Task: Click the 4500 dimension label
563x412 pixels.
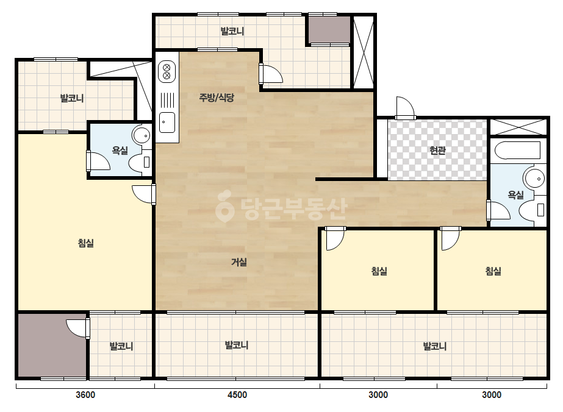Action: [x=237, y=395]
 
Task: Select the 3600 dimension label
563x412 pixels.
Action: [x=85, y=395]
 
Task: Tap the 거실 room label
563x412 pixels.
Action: [x=238, y=262]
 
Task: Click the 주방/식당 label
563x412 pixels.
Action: [x=217, y=98]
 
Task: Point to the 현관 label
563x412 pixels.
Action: [x=438, y=151]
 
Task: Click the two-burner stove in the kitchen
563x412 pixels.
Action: [x=167, y=71]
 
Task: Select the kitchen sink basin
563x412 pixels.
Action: [x=167, y=123]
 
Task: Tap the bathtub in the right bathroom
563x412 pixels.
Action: [x=517, y=151]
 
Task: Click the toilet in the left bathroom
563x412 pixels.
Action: [x=140, y=162]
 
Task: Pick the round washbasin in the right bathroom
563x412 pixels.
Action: [x=534, y=178]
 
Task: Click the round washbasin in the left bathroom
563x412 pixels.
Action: [x=142, y=135]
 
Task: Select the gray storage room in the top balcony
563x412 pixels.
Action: [x=329, y=30]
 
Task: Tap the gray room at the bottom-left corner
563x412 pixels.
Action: [x=52, y=346]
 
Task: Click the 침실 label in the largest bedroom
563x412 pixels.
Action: [x=86, y=243]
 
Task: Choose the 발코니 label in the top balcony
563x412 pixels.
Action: [x=232, y=31]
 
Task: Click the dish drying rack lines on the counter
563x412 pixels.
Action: [x=167, y=100]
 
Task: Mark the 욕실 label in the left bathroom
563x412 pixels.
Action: [x=120, y=151]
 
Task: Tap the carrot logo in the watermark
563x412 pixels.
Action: [x=224, y=207]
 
